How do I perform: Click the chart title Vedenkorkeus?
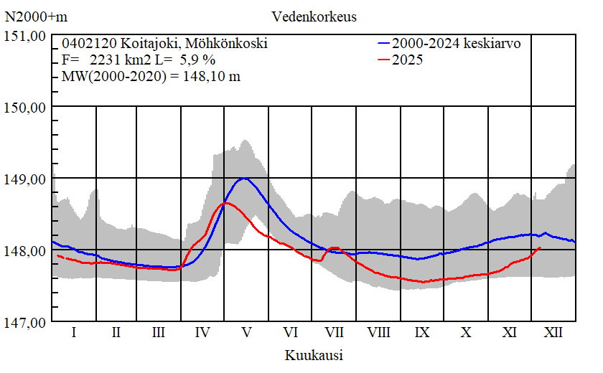tap(314, 16)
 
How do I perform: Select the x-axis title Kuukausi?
tap(313, 355)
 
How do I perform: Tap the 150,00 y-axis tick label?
tap(26, 108)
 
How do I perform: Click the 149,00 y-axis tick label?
tap(26, 179)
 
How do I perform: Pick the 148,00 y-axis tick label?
tap(26, 250)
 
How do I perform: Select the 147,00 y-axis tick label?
tap(26, 322)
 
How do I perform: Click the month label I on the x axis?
tap(73, 333)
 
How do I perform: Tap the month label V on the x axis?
tap(246, 333)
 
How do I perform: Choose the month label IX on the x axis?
tap(422, 333)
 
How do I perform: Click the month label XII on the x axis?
tap(553, 333)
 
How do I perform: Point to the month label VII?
tap(334, 333)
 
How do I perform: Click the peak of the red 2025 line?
tap(226, 203)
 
